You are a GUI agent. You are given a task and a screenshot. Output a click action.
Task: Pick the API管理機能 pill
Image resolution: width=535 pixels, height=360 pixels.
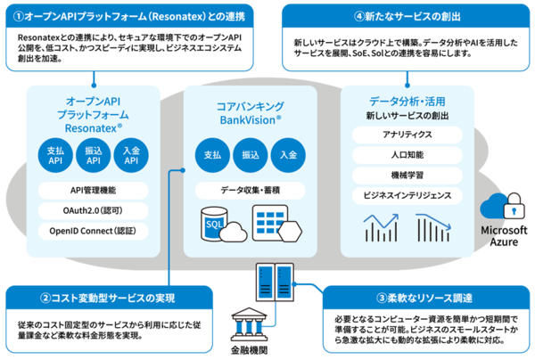[x=93, y=190]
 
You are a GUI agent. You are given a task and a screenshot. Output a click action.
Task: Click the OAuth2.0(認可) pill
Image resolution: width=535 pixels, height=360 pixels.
[x=93, y=210]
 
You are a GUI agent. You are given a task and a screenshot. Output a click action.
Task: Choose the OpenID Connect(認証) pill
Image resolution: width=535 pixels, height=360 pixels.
[x=93, y=231]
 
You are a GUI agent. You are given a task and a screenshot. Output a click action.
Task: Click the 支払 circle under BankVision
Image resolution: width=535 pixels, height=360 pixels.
[x=212, y=155]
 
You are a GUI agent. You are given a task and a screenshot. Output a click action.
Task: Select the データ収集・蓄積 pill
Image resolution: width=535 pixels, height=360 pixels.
[x=251, y=191]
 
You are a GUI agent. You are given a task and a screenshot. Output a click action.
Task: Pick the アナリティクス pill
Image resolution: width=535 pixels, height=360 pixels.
[x=407, y=135]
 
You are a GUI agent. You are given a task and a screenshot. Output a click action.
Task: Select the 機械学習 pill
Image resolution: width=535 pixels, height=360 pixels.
[x=407, y=175]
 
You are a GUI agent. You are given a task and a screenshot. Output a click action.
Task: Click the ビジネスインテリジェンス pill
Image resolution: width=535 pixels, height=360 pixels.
[x=407, y=195]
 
